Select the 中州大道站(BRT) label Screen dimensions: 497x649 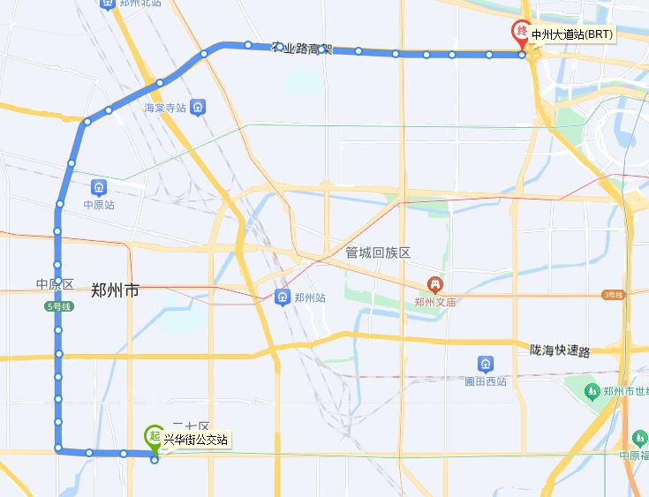click(x=571, y=35)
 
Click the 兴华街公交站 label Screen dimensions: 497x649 click(x=196, y=439)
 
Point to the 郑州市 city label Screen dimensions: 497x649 click(x=115, y=289)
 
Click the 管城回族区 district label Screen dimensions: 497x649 click(x=378, y=252)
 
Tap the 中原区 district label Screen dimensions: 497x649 click(x=54, y=284)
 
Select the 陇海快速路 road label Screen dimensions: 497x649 click(x=560, y=350)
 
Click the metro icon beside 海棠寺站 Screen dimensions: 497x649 click(x=200, y=108)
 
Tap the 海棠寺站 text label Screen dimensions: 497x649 click(x=165, y=108)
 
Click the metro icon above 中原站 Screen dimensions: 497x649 click(x=99, y=187)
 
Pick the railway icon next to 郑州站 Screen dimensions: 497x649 click(x=283, y=297)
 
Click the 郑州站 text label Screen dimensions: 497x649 click(x=310, y=297)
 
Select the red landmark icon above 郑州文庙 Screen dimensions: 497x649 click(x=434, y=284)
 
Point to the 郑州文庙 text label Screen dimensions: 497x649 click(x=434, y=302)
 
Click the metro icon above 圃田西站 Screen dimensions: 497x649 click(x=485, y=364)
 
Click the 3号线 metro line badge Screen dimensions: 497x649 click(x=613, y=294)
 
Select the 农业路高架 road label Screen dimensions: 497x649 click(x=302, y=48)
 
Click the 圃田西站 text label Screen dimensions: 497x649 click(x=485, y=381)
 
